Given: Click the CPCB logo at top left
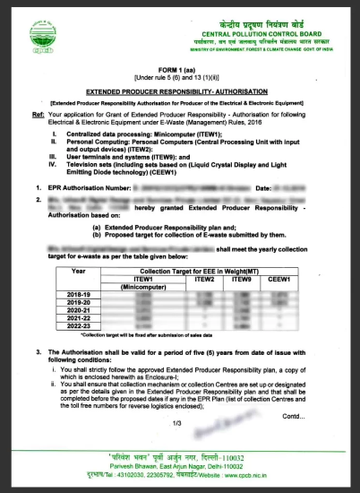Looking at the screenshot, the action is pos(37,35).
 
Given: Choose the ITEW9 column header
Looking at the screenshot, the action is pos(242,279).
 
